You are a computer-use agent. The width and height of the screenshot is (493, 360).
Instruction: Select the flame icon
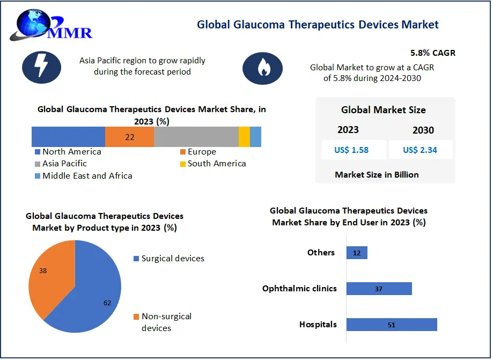262,68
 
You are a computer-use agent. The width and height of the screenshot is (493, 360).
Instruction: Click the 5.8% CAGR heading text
432,53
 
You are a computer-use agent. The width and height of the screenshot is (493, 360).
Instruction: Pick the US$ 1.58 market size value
351,150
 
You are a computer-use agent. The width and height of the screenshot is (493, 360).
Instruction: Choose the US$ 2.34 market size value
420,150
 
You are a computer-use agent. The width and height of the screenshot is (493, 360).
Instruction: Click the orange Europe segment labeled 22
129,137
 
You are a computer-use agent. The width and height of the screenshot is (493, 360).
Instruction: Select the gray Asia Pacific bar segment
196,137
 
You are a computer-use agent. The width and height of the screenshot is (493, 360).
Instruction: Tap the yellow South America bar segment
244,137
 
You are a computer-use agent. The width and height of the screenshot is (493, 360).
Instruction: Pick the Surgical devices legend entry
168,259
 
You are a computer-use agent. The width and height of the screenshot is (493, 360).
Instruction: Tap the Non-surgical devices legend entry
163,322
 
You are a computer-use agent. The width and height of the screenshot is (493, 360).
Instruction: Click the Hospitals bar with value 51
392,325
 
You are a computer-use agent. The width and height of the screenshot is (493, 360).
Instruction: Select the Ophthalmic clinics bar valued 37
379,289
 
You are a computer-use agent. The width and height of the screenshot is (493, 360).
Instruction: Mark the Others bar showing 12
357,253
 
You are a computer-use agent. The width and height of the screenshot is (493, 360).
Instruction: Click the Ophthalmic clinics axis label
299,289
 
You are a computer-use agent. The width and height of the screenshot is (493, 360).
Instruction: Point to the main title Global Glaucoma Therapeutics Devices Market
318,25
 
